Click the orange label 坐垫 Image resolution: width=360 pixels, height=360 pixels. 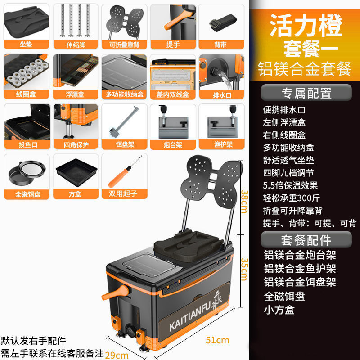(26, 45)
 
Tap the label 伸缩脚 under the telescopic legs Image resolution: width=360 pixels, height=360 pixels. (75, 45)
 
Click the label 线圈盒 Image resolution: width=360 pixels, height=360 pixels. (26, 94)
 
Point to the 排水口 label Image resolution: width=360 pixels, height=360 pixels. (221, 94)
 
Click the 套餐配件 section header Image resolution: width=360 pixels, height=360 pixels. (306, 239)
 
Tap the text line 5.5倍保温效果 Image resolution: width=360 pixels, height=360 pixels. (291, 185)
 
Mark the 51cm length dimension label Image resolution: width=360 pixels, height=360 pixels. (217, 340)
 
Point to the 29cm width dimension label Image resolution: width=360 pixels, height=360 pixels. (117, 355)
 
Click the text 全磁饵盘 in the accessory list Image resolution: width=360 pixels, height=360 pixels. (284, 296)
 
